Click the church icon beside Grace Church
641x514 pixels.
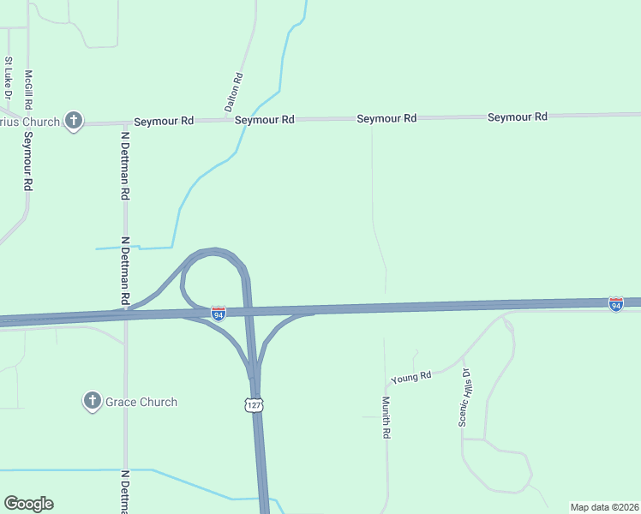[x=93, y=401]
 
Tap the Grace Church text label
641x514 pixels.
[x=141, y=402]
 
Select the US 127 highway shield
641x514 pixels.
[x=253, y=404]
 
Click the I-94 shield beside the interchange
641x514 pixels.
[x=219, y=314]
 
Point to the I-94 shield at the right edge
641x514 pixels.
[x=615, y=304]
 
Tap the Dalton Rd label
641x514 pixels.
[x=234, y=93]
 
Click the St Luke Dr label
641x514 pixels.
[x=9, y=77]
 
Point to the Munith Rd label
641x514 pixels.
[x=386, y=417]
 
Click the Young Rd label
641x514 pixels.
[x=410, y=377]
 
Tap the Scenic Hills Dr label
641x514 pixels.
[x=465, y=397]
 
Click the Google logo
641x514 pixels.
[x=28, y=504]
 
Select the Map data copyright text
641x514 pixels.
[x=605, y=507]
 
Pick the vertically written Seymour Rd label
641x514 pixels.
[x=28, y=160]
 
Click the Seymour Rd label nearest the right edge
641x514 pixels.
[x=518, y=117]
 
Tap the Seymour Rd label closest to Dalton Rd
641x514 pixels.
[x=265, y=120]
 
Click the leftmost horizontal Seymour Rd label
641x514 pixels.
[x=163, y=122]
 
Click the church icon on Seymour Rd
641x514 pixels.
[x=74, y=121]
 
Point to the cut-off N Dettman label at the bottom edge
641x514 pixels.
[x=125, y=492]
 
